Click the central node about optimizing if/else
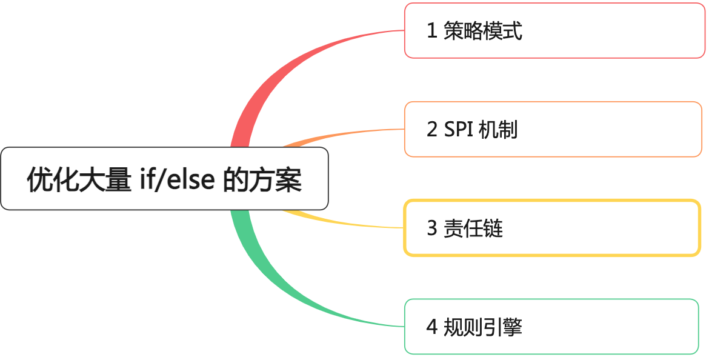[164, 179]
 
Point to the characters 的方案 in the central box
[262, 179]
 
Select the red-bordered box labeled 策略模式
[555, 30]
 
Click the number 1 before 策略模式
[432, 31]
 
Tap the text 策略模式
[482, 31]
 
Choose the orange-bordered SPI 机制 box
[553, 129]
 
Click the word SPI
[459, 129]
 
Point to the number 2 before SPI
[432, 129]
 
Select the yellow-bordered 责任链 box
[552, 228]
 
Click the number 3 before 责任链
[432, 228]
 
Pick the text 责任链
[473, 228]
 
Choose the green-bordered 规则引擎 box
[551, 327]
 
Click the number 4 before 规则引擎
[432, 327]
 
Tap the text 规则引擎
[482, 327]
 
